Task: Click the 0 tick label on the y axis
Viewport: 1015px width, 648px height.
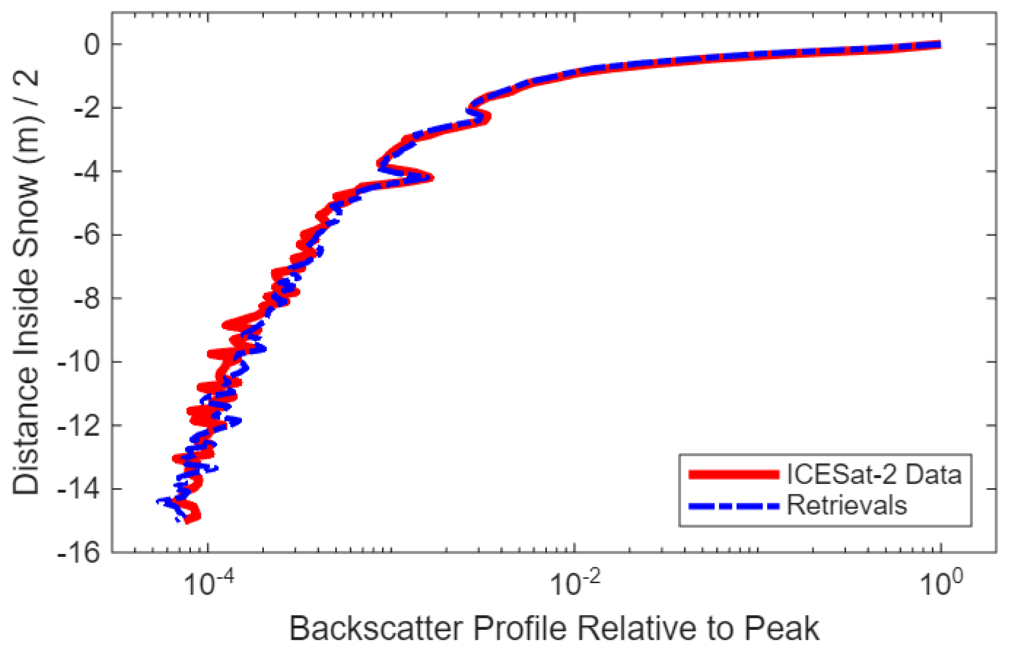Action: click(93, 45)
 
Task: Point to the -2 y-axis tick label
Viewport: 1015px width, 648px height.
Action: click(87, 108)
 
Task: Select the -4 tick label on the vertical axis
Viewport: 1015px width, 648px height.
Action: click(87, 172)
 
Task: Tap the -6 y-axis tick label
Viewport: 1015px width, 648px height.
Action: click(87, 235)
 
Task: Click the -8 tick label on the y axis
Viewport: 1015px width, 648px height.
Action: click(87, 299)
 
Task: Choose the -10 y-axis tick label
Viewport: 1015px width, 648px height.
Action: click(79, 362)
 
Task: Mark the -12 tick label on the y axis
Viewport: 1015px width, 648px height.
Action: click(79, 426)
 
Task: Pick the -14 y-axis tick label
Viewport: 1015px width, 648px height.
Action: click(79, 489)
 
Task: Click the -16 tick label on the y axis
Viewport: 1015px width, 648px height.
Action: click(79, 553)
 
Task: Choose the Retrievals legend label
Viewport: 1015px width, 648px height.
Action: click(847, 505)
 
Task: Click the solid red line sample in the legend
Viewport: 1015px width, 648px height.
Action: click(734, 474)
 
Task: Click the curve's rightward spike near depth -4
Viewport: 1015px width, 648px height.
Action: click(429, 178)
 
